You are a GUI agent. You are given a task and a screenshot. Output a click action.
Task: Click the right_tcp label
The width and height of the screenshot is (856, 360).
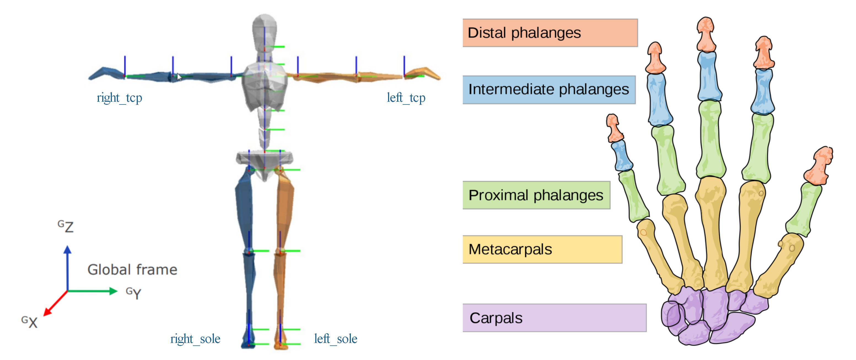point(119,98)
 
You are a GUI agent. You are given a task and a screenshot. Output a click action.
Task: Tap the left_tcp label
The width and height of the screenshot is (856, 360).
point(406,98)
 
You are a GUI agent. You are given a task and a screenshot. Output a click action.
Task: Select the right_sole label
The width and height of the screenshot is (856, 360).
point(195,339)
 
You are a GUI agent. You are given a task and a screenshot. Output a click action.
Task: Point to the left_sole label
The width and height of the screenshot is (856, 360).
point(336,339)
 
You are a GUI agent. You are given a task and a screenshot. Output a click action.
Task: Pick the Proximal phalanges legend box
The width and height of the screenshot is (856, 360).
point(536,195)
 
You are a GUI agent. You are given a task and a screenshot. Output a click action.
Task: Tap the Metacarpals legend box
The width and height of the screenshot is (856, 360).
point(542,249)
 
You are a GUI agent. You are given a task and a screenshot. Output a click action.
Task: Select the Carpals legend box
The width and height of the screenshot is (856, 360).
point(554,318)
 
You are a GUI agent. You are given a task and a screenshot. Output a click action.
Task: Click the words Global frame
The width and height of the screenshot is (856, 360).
point(132,270)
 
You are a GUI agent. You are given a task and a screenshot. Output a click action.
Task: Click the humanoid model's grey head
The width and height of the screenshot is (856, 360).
point(265,30)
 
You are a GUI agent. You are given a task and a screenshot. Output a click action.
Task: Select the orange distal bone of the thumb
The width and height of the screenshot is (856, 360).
point(819,166)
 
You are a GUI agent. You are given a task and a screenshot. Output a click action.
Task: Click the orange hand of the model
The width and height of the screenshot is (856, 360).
point(424,73)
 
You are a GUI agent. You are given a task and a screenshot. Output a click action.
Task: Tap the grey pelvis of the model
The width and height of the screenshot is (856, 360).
point(264,160)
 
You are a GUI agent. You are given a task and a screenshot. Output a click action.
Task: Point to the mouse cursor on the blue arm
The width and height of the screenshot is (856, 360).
point(179,77)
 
